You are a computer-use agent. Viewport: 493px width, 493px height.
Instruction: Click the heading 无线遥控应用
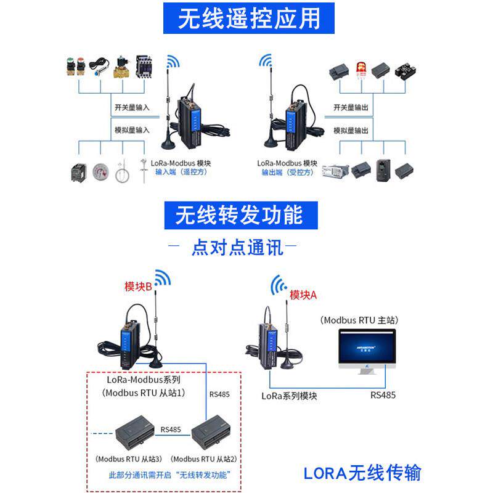(249, 18)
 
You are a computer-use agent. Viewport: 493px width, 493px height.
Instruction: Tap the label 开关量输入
(132, 107)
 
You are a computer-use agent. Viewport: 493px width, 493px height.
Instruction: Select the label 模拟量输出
(351, 131)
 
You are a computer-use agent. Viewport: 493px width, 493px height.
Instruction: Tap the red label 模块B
(138, 287)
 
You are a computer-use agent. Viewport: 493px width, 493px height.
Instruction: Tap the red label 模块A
(303, 295)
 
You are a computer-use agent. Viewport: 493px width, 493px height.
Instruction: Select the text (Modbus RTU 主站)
(359, 320)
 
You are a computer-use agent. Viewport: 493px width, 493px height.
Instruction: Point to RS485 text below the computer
(383, 395)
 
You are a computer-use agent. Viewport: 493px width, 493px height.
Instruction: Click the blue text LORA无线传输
(362, 473)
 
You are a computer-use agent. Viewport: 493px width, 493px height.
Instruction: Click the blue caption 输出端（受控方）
(287, 173)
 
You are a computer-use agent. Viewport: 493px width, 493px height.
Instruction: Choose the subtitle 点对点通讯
(237, 248)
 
